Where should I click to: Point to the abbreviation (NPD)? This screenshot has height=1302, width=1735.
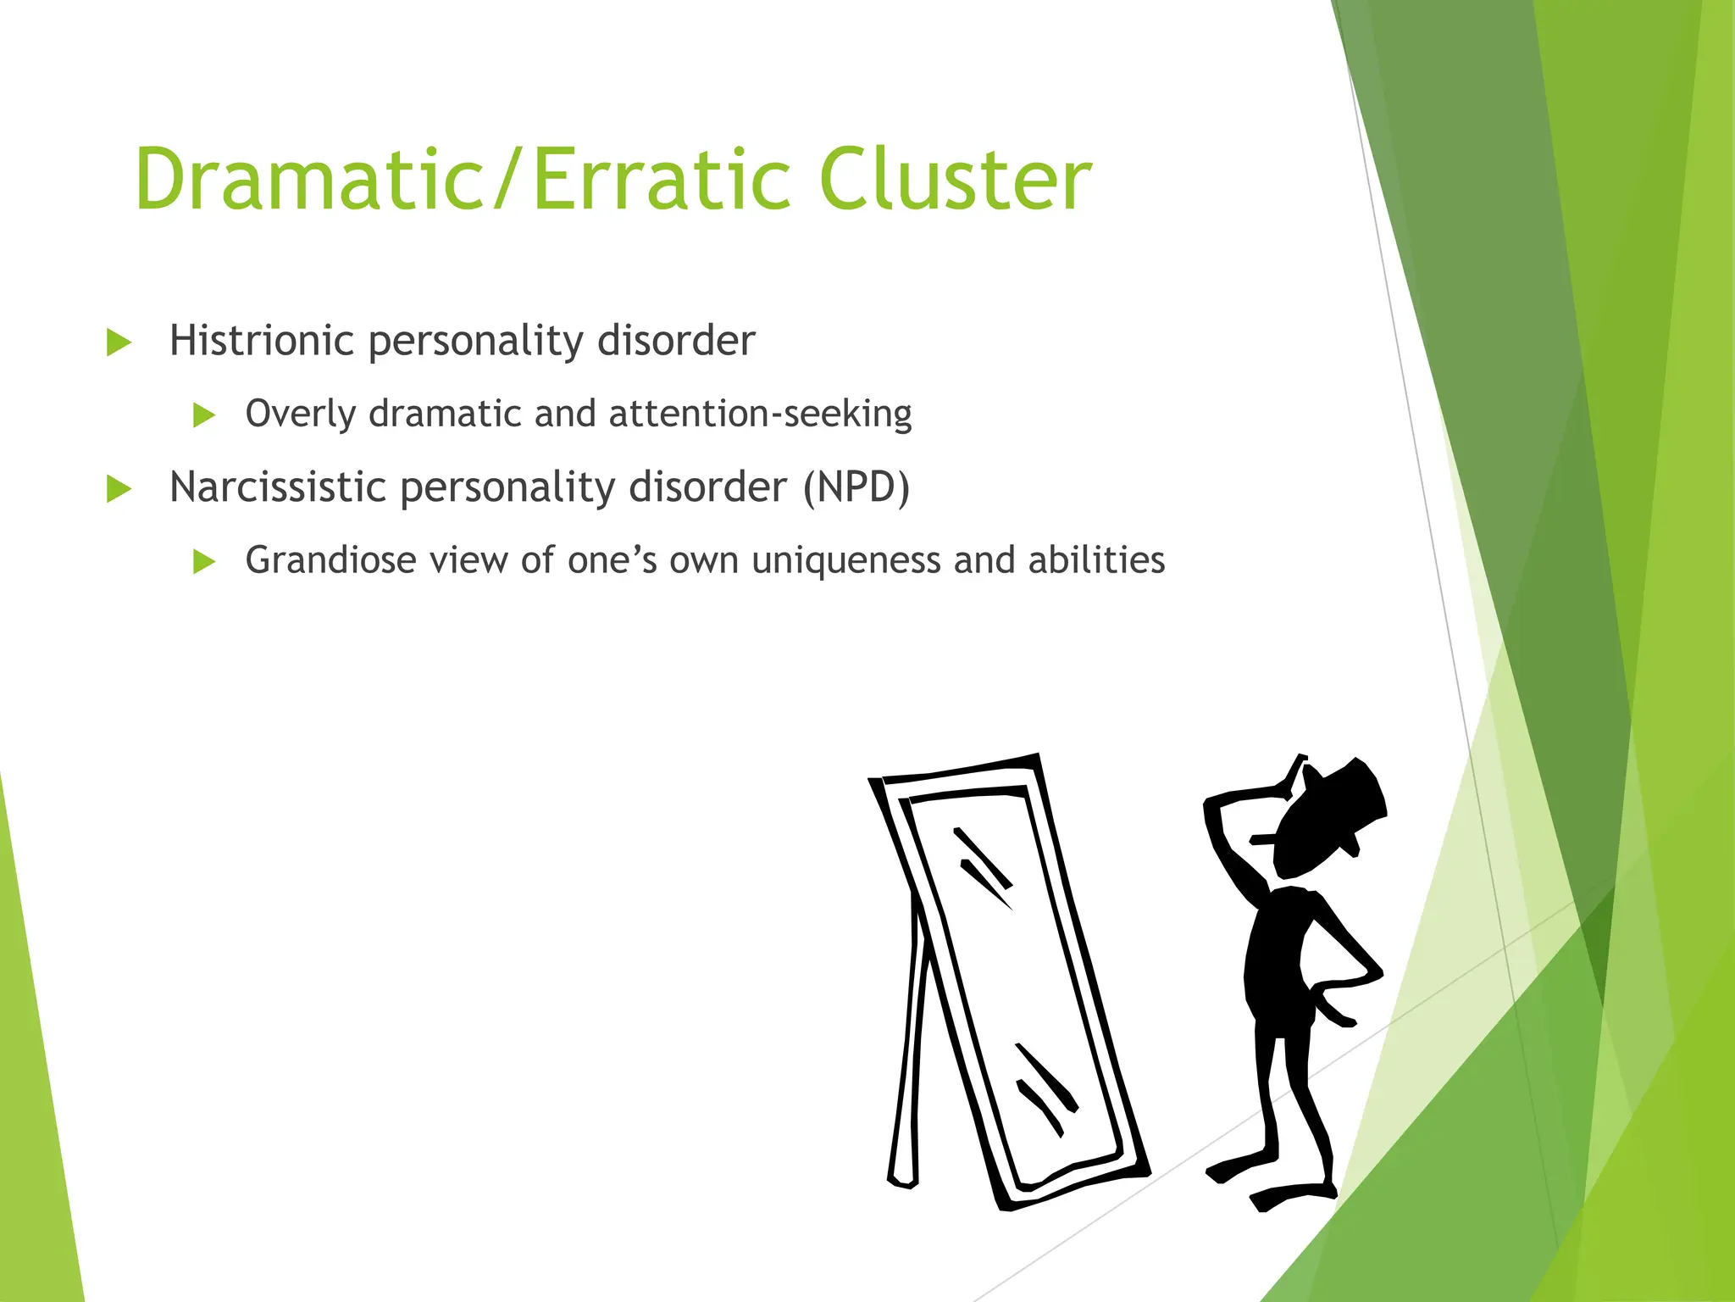(x=856, y=487)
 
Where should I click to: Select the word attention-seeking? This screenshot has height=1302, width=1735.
(x=760, y=414)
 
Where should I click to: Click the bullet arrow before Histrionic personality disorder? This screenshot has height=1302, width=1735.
(x=119, y=342)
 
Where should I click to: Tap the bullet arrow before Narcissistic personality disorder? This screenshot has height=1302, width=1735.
(x=119, y=489)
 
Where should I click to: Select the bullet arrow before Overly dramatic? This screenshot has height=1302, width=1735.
(x=204, y=415)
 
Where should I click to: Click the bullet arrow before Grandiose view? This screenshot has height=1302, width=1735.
(x=204, y=561)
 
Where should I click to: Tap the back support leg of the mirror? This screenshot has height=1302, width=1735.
(x=906, y=1060)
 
